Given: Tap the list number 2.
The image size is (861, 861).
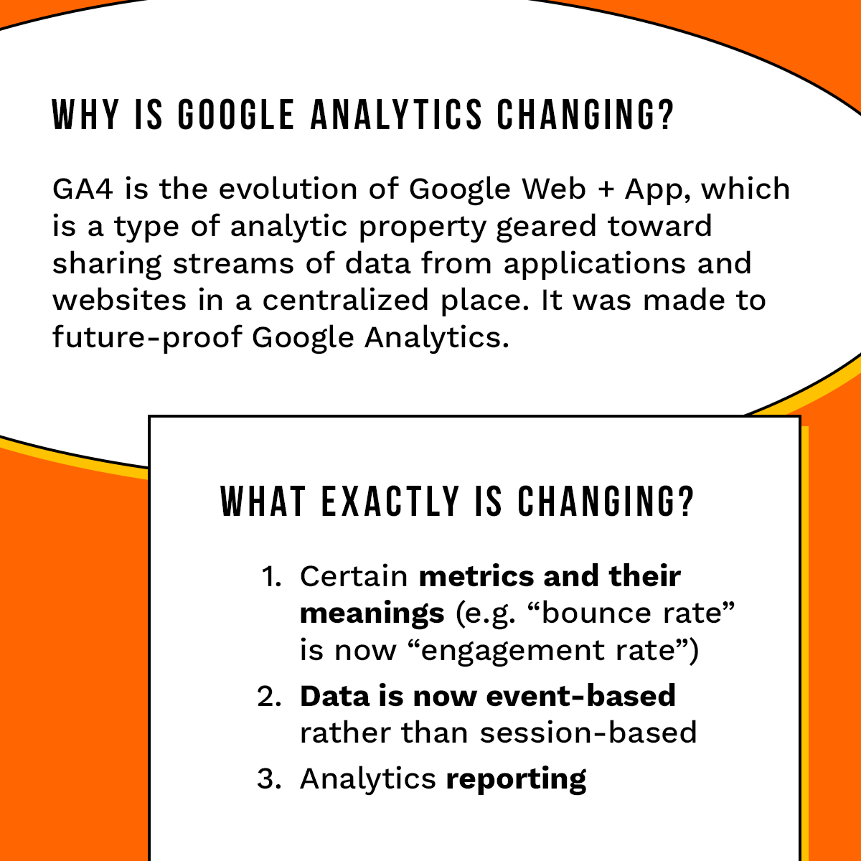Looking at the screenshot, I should [269, 697].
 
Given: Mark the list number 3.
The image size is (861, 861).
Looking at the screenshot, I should [269, 779].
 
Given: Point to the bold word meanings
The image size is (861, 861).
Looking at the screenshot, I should [372, 614].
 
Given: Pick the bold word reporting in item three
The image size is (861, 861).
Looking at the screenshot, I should [516, 780].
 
